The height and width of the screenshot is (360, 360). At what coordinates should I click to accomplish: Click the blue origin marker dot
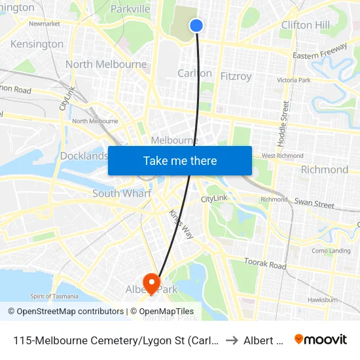(196, 26)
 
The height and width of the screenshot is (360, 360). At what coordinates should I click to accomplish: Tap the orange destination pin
(152, 282)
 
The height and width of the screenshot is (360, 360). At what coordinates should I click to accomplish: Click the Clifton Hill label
(305, 25)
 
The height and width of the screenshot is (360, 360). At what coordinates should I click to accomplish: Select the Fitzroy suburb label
(236, 77)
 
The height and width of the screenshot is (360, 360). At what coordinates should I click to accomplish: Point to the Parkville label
(130, 9)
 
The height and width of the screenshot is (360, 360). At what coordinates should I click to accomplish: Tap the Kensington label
(37, 45)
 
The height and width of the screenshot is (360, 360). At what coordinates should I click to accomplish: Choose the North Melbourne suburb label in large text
(106, 64)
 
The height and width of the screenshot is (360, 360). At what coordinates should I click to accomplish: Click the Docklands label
(84, 156)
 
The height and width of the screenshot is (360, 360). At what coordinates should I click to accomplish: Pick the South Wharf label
(122, 193)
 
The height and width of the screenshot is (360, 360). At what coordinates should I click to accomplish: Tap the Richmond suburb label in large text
(324, 170)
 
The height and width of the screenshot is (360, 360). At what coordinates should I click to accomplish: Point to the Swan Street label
(314, 204)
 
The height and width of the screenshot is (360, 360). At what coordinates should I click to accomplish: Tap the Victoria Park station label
(293, 80)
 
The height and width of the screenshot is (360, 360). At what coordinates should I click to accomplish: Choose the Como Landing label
(331, 251)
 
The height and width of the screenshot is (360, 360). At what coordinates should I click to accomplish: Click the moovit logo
(321, 340)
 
